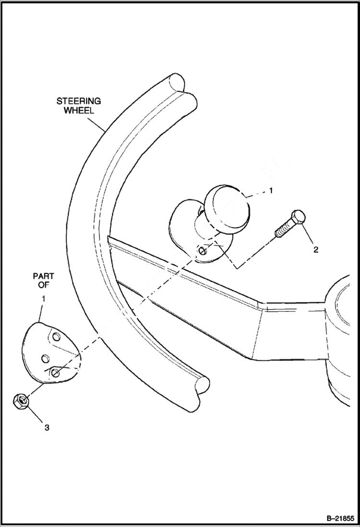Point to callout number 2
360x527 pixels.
[x=315, y=250]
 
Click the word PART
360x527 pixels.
[x=43, y=277]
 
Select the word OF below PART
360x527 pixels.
[x=43, y=285]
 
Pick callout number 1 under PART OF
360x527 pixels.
[x=43, y=299]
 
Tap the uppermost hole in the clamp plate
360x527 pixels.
[x=56, y=336]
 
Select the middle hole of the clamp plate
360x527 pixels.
[x=46, y=358]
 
